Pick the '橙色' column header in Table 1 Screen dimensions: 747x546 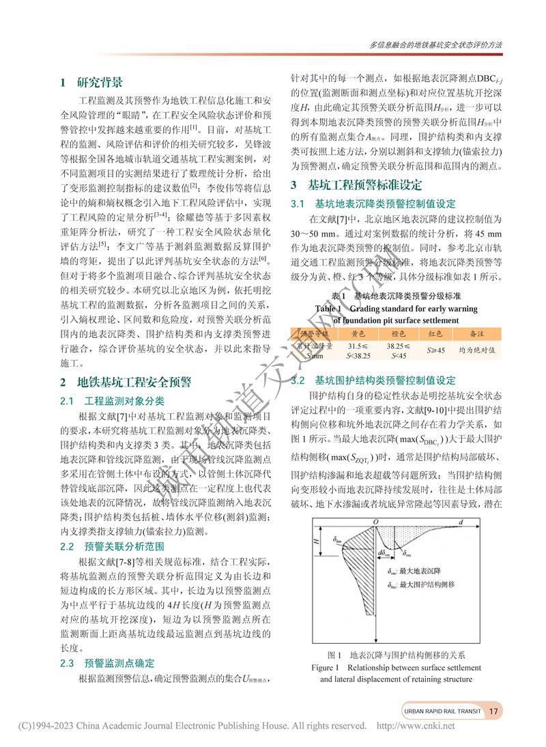click(x=397, y=334)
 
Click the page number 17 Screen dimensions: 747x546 click(x=495, y=711)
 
